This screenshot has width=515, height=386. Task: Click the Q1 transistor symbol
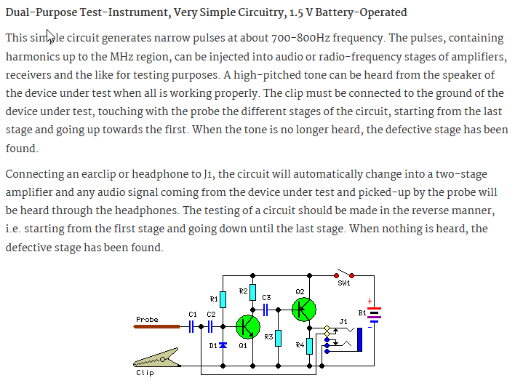(x=248, y=327)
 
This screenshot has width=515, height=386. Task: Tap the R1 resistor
(x=223, y=299)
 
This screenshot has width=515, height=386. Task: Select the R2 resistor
(x=252, y=293)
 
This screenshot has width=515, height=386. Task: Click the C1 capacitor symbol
(x=193, y=327)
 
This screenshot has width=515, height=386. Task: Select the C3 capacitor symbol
(x=266, y=310)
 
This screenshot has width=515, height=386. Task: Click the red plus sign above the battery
(x=370, y=301)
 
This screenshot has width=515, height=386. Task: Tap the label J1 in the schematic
(x=344, y=320)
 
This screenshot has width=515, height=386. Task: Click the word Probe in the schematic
(x=147, y=319)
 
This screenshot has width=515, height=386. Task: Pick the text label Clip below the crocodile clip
(x=145, y=373)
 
